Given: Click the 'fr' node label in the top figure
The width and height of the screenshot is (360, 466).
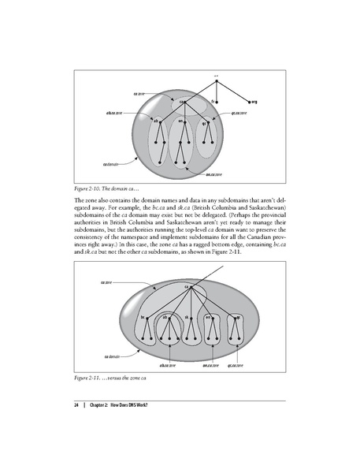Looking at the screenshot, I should click(x=213, y=102).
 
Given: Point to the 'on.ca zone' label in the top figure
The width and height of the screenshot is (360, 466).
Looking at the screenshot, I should click(x=213, y=173).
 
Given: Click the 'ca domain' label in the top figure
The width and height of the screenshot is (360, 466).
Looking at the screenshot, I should click(x=113, y=164).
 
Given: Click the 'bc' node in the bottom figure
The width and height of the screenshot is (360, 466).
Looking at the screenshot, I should click(x=143, y=317).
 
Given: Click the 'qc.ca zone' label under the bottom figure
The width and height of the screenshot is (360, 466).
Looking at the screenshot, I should click(x=237, y=366).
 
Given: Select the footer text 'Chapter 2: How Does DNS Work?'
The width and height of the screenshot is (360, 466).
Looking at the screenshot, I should click(x=119, y=404).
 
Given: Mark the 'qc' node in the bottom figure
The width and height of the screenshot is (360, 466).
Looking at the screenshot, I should click(x=237, y=317).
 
